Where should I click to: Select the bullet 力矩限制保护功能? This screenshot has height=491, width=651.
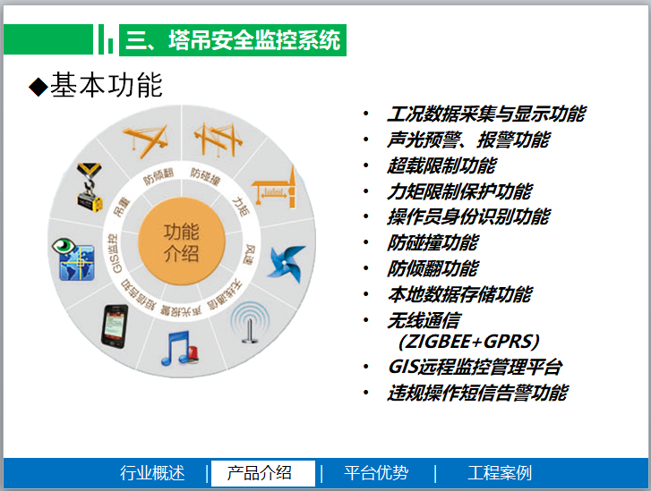[459, 191]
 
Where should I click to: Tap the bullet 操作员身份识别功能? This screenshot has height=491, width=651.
[468, 217]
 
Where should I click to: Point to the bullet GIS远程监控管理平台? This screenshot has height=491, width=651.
[475, 367]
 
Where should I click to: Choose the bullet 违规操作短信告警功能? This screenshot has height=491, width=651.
[477, 393]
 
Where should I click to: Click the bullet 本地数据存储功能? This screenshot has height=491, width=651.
[459, 294]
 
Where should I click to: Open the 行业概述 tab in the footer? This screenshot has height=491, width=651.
[152, 473]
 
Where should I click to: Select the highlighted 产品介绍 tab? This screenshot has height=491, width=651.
[260, 473]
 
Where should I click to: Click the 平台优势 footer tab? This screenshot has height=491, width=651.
[376, 473]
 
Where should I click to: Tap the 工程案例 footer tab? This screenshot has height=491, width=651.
[500, 473]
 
